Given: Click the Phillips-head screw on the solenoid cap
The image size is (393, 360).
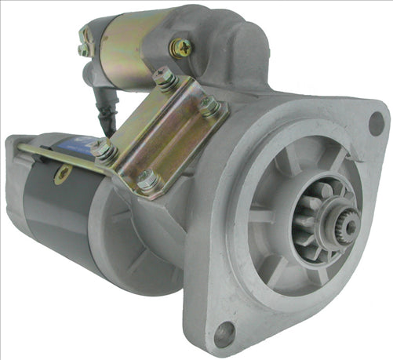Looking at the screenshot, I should click(x=182, y=49).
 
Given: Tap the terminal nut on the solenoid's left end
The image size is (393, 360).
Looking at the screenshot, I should click(x=83, y=49).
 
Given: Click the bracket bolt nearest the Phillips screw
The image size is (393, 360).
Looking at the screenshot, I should click(x=165, y=79).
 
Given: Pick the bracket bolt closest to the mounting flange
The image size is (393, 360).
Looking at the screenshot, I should click(x=209, y=106).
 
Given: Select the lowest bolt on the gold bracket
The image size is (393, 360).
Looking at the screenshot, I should click(x=147, y=183).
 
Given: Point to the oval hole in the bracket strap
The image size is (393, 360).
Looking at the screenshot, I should click(x=60, y=174).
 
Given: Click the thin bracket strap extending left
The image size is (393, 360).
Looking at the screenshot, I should click(x=47, y=157).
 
